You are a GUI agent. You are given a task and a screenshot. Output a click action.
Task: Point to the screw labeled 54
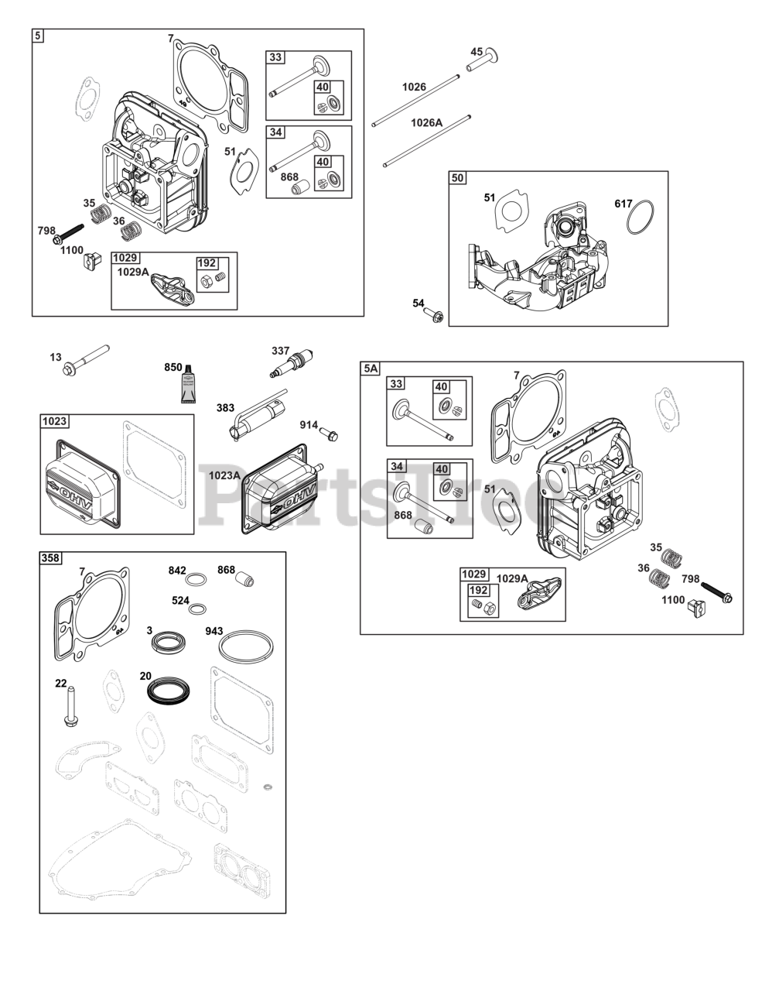tap(433, 314)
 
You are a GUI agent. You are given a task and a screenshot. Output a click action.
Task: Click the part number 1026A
tap(426, 122)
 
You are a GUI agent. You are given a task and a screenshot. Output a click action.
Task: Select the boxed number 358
tap(52, 557)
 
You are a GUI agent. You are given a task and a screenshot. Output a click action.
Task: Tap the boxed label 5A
tap(371, 369)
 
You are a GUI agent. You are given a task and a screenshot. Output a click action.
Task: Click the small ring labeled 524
tap(197, 609)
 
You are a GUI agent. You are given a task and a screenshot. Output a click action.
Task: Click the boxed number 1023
tap(55, 421)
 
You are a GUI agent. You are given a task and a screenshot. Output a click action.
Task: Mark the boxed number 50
tap(459, 178)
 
